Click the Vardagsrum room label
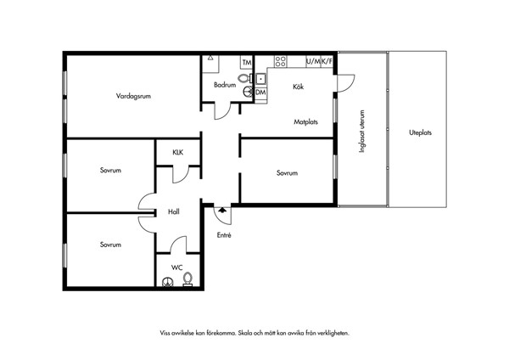tap(133, 96)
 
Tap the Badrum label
tap(225, 85)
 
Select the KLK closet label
tap(178, 152)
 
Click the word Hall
tap(174, 212)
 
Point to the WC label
tap(177, 267)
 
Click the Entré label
tap(224, 235)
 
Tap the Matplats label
tap(305, 122)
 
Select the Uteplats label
tap(421, 132)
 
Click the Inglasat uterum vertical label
tap(362, 132)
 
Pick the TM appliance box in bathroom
tap(247, 62)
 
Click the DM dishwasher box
tap(260, 93)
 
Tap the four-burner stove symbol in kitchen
tap(281, 61)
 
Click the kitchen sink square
tap(260, 79)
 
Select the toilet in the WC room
tap(187, 279)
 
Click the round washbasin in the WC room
tap(168, 282)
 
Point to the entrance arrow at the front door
tap(222, 210)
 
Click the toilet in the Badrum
tap(245, 78)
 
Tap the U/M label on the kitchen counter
tap(313, 61)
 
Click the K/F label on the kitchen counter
tap(327, 61)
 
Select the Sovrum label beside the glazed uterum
tap(287, 173)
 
